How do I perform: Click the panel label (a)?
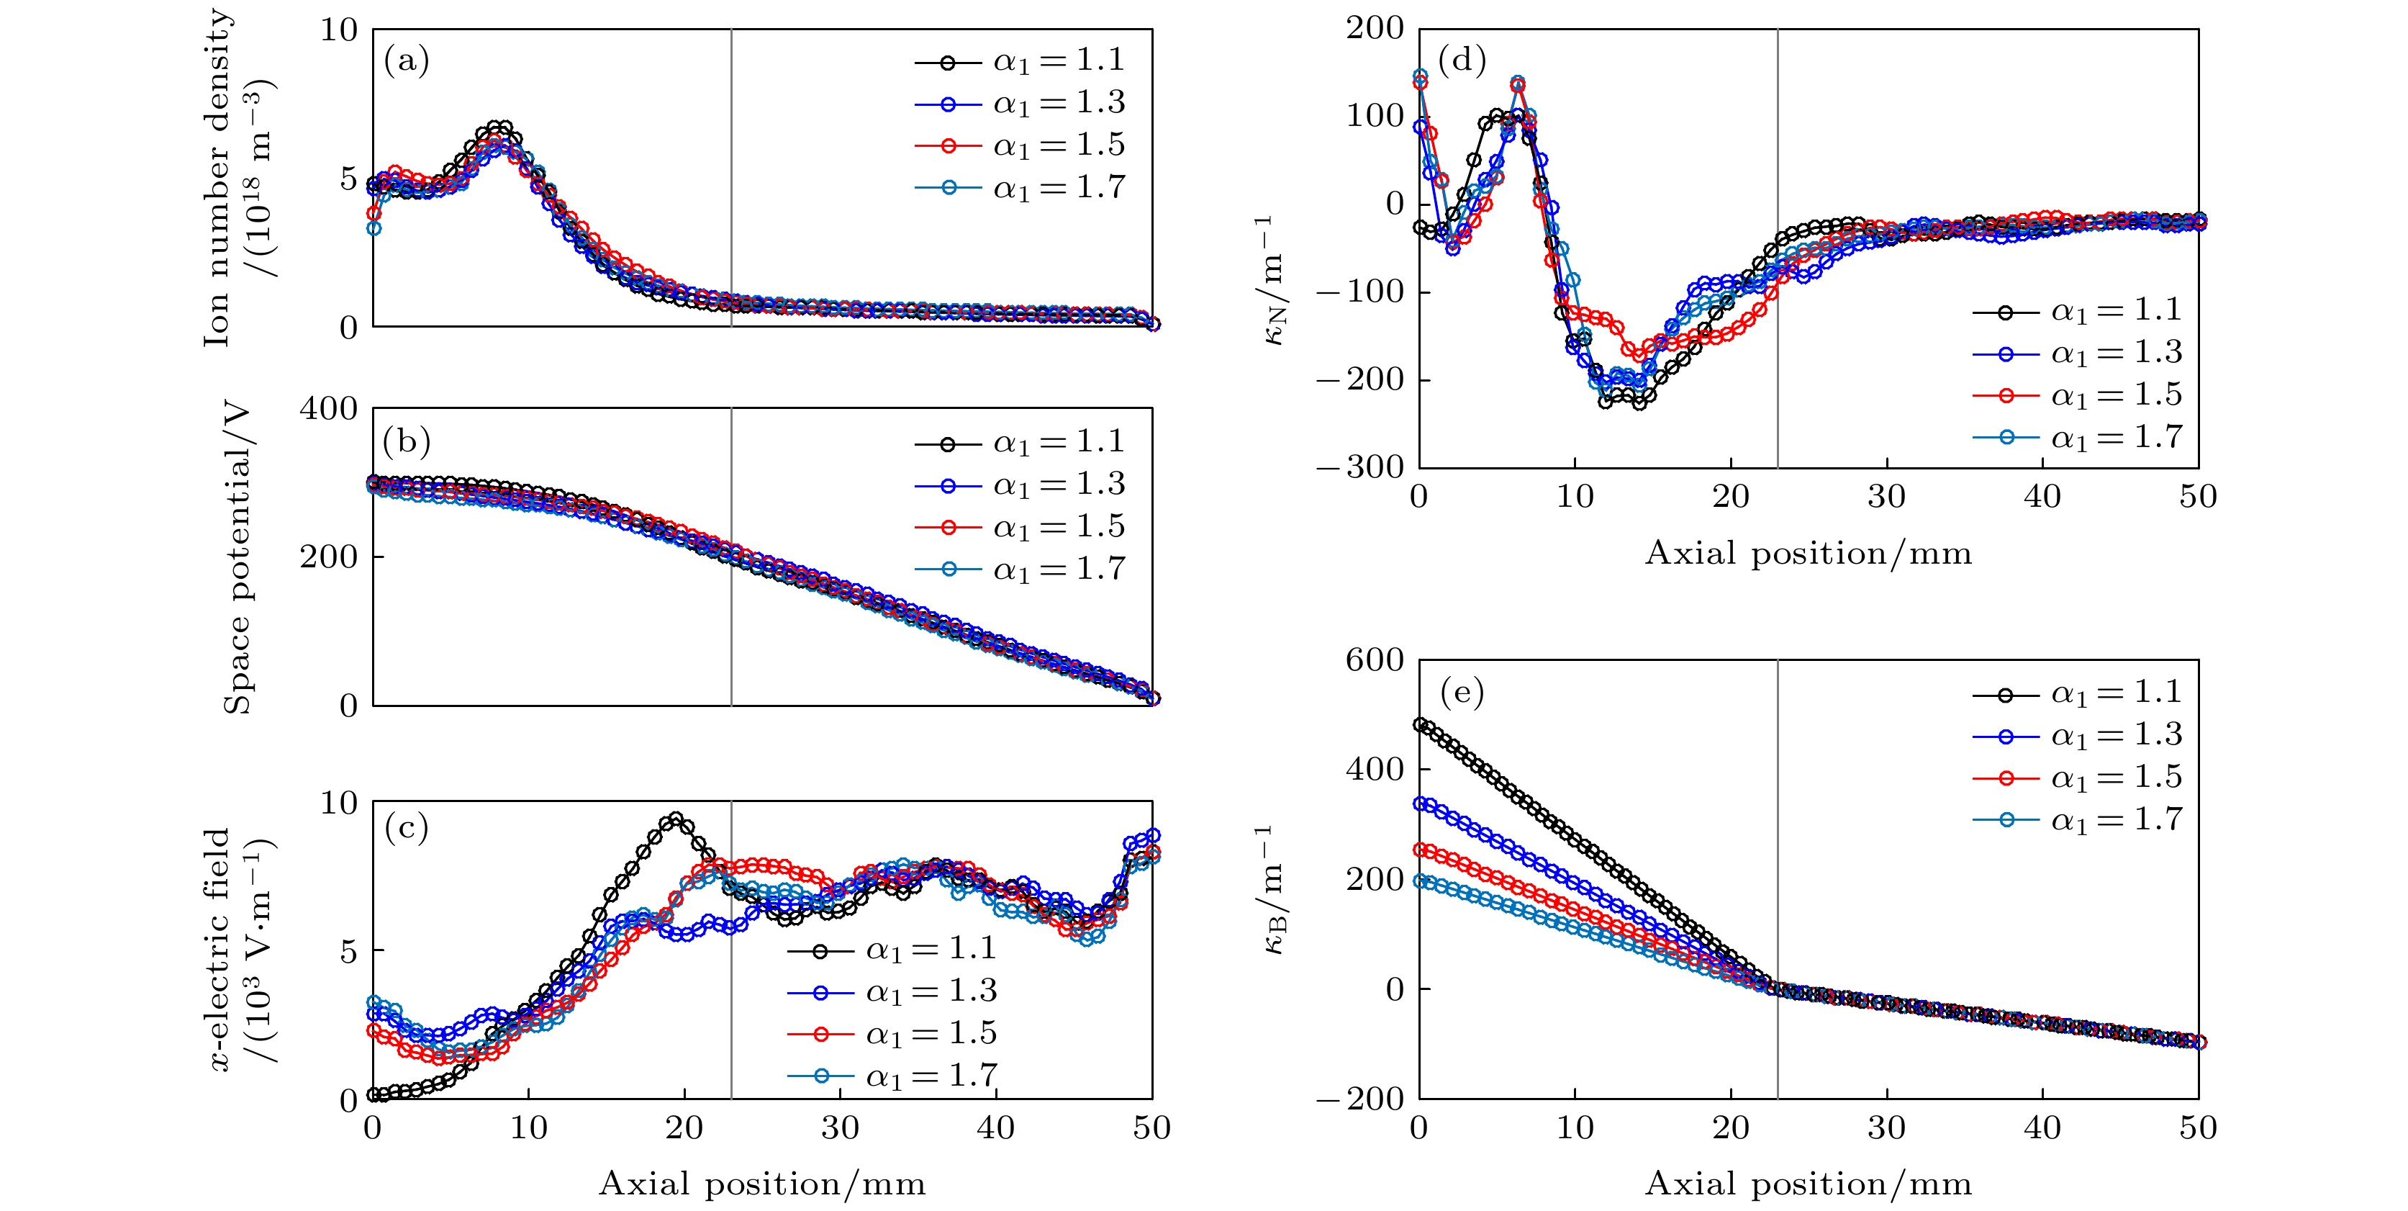click(x=407, y=62)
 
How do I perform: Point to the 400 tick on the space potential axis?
click(x=328, y=410)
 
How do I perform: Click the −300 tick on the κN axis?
click(x=1360, y=467)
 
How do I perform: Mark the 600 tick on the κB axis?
click(x=1374, y=660)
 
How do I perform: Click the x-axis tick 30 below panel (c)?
click(x=839, y=1127)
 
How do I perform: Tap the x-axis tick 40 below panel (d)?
click(x=2042, y=497)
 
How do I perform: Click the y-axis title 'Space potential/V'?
click(x=237, y=557)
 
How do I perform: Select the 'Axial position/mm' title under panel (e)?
click(x=1808, y=1184)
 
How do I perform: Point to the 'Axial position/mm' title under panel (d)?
click(x=1808, y=554)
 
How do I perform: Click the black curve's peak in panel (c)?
click(x=675, y=820)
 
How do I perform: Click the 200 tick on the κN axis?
click(x=1374, y=29)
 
